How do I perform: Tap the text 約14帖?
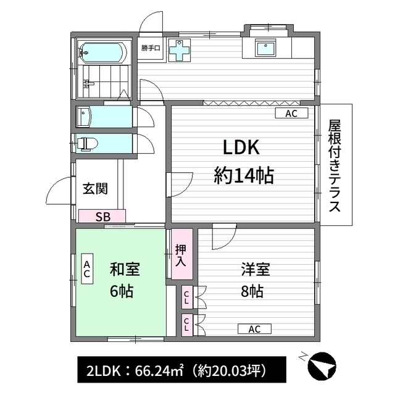click(x=244, y=177)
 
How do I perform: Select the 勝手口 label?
click(x=151, y=48)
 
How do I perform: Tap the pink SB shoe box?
click(x=102, y=217)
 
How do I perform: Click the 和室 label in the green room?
click(x=125, y=270)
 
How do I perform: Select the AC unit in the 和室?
click(x=87, y=269)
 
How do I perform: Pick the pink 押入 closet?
click(x=181, y=255)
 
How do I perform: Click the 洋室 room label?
click(x=256, y=270)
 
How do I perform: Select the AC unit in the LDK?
click(x=292, y=114)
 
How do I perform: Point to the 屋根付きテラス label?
click(x=335, y=165)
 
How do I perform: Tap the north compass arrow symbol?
click(x=321, y=365)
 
